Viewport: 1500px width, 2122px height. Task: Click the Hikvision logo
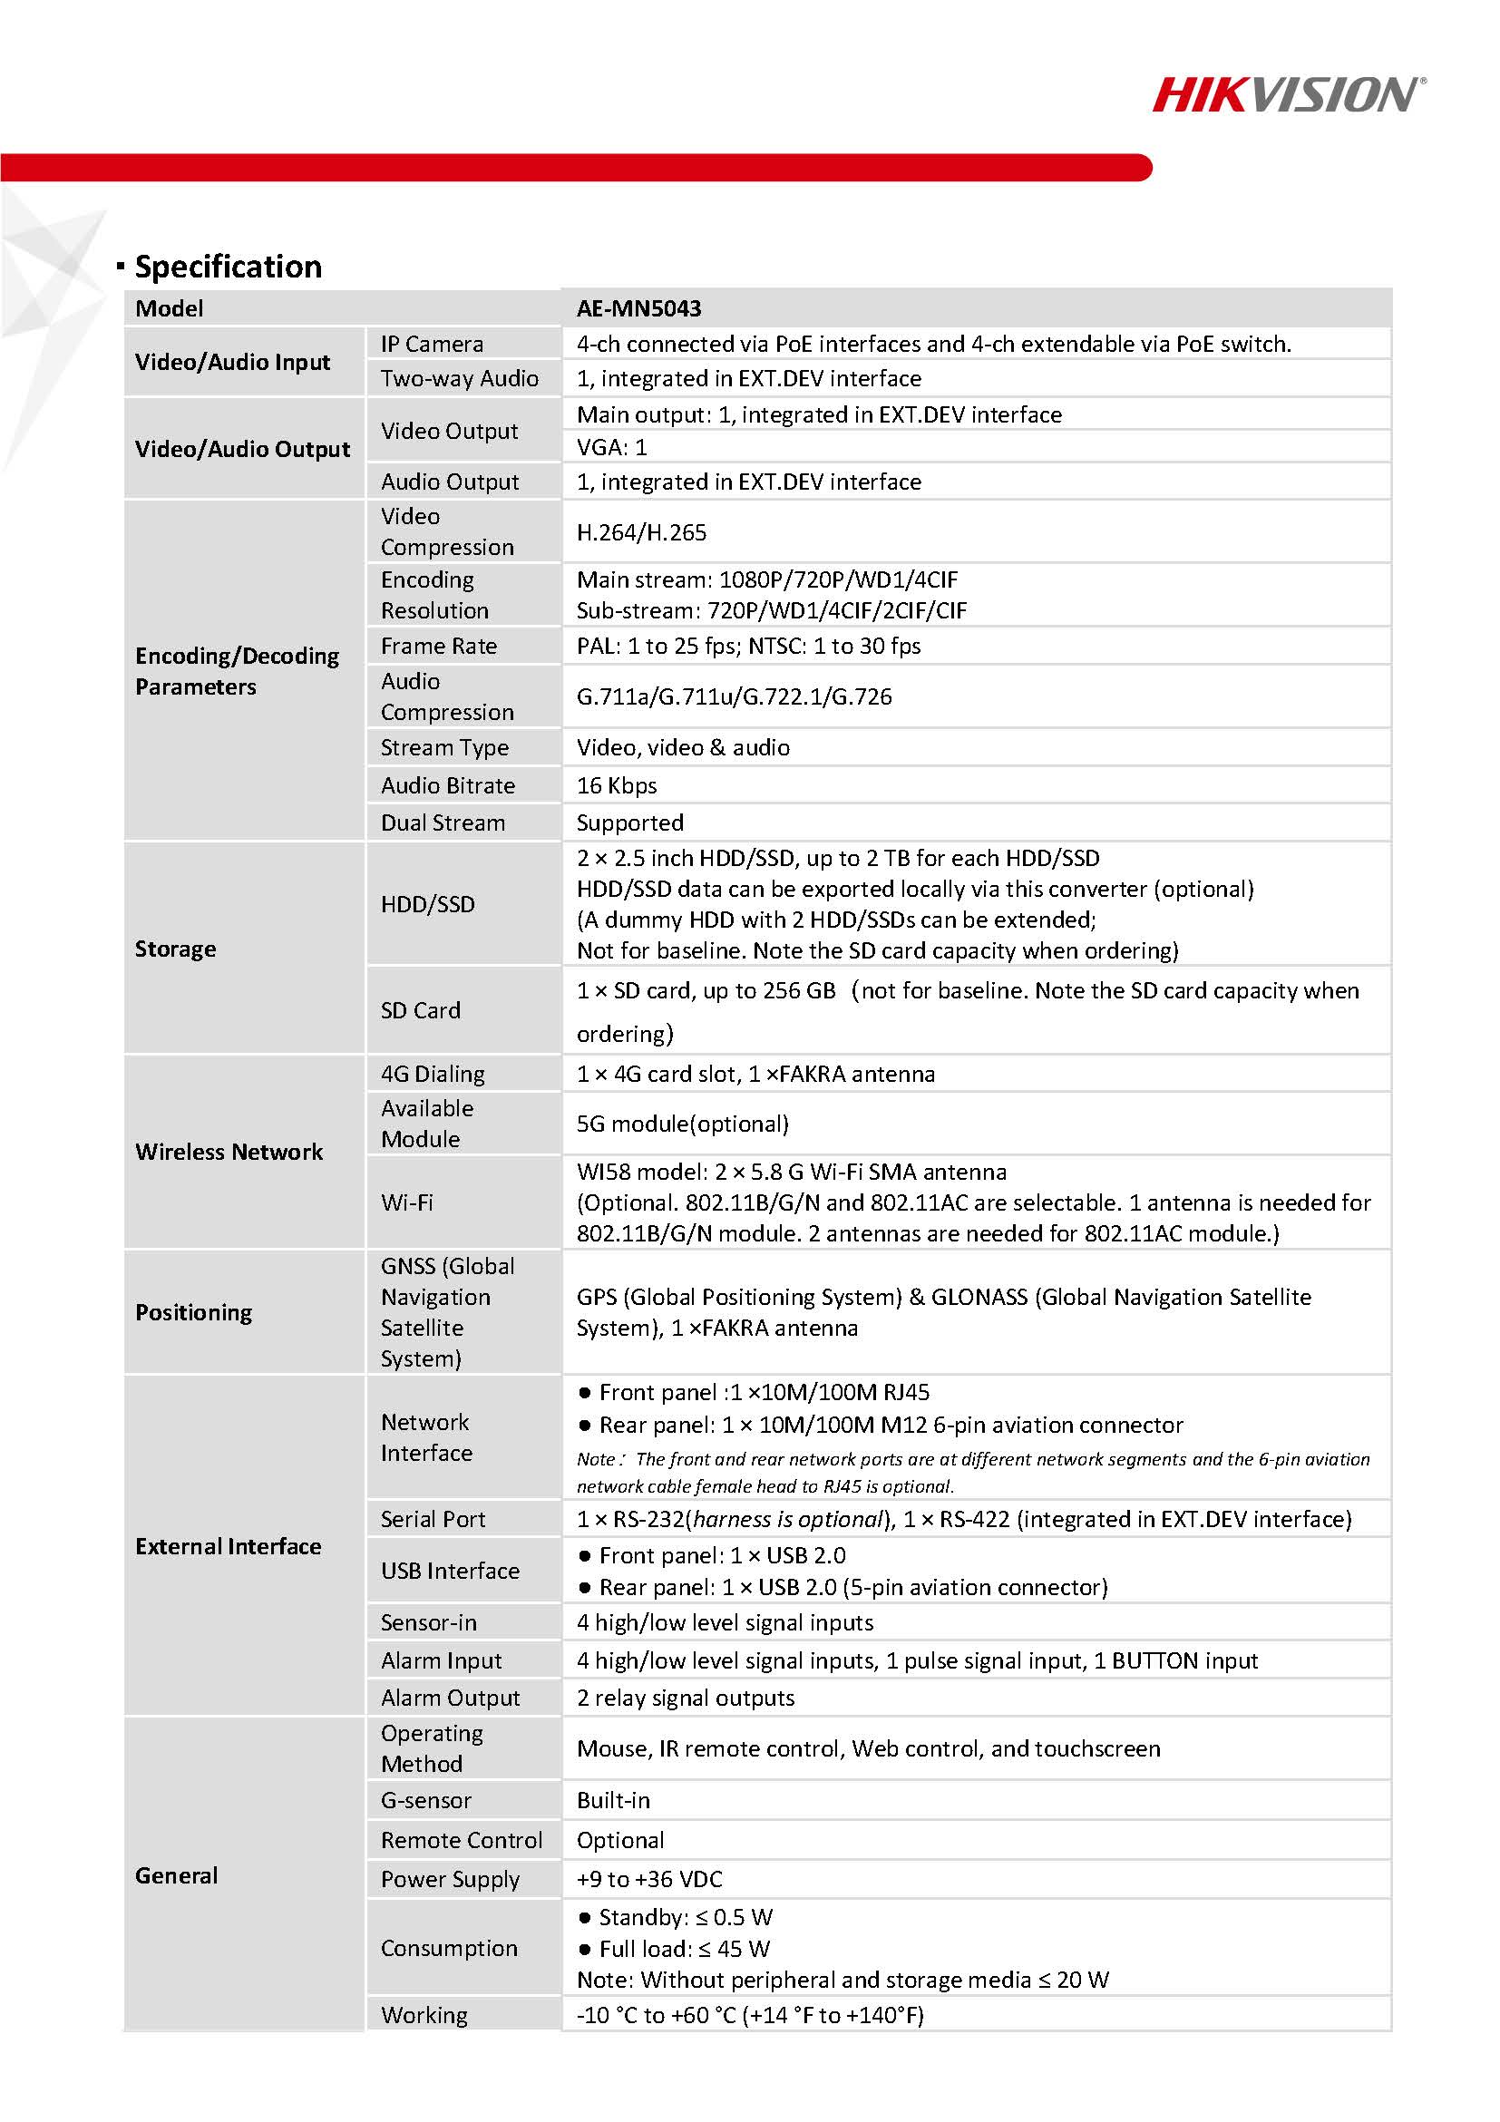(1289, 95)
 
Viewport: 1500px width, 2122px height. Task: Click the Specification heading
(229, 268)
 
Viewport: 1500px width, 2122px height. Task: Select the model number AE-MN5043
(638, 308)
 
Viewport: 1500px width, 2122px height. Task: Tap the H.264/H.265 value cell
(641, 532)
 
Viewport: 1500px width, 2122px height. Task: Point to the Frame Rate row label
(439, 646)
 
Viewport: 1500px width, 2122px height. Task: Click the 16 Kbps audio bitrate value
(617, 785)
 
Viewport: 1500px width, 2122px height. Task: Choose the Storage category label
(176, 949)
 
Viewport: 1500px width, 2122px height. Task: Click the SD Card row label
(421, 1010)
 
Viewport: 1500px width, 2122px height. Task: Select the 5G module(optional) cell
(682, 1124)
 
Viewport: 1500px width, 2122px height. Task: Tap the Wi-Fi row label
(406, 1202)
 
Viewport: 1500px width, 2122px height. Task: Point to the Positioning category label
(193, 1312)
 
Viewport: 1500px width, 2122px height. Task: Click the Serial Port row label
(433, 1520)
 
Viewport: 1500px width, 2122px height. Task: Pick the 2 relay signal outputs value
(685, 1698)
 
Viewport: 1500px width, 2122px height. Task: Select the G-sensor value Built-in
(613, 1800)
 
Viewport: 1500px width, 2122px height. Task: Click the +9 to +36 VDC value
(648, 1879)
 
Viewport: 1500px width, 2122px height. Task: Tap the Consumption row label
(449, 1948)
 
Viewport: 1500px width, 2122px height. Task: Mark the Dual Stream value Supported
(629, 823)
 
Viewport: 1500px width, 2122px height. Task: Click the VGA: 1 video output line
(612, 447)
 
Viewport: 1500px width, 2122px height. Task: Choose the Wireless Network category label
(229, 1152)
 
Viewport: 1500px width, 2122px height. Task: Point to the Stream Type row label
(444, 748)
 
